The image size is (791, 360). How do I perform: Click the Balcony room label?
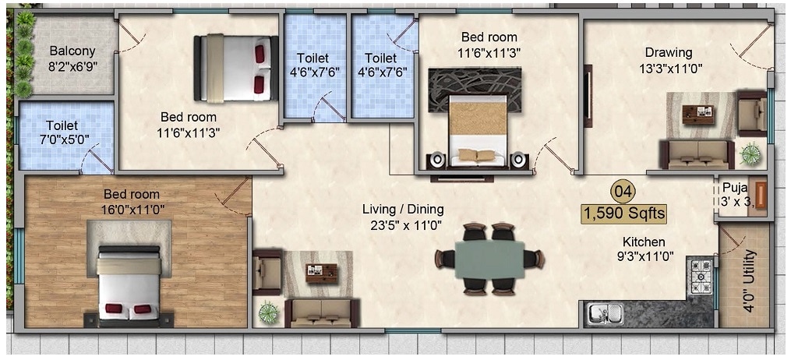72,51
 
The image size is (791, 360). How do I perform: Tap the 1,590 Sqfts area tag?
623,211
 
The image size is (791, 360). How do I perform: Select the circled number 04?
621,190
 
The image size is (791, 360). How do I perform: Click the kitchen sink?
606,314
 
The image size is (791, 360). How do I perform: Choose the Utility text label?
750,281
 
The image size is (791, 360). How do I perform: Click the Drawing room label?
668,53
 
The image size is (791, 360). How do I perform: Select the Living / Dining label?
403,209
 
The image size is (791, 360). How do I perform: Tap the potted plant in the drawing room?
750,154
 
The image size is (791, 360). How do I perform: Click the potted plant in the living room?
269,312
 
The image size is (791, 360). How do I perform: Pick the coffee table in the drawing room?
698,114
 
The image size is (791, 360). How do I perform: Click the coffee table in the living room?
321,273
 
